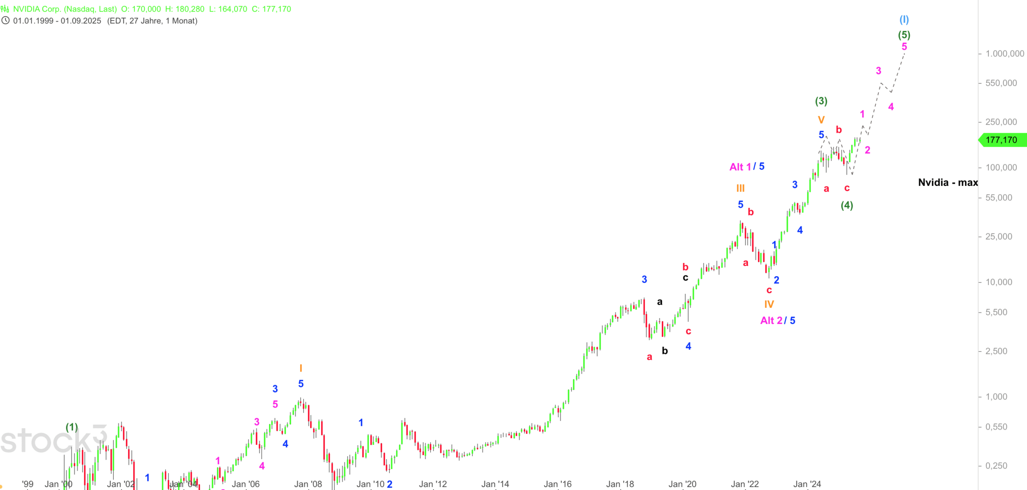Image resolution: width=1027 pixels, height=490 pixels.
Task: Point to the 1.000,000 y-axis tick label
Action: [1005, 54]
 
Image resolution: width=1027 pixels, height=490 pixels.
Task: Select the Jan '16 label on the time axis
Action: [557, 484]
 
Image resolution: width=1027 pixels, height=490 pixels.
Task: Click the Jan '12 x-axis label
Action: [433, 484]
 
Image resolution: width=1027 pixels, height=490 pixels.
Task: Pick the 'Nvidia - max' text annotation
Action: [948, 183]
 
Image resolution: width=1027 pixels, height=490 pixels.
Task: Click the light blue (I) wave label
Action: [904, 20]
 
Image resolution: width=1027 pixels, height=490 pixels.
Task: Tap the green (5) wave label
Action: [904, 35]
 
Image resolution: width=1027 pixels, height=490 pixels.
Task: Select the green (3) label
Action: [821, 101]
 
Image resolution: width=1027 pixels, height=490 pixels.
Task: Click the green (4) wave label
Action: [847, 205]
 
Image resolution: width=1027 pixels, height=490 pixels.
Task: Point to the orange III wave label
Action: [740, 189]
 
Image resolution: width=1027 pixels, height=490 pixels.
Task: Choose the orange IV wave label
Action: [769, 304]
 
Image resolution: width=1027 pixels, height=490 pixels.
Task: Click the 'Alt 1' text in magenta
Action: [740, 167]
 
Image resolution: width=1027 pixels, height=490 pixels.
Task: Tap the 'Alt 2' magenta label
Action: [771, 321]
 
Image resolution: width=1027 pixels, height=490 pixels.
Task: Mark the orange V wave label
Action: [821, 120]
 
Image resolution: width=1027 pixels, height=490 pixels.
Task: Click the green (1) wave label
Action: [72, 427]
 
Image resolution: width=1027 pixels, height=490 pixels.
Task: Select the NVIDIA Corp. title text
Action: [65, 9]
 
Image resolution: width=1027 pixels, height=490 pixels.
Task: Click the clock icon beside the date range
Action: [5, 21]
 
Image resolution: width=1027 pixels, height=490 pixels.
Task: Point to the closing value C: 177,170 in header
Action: [271, 9]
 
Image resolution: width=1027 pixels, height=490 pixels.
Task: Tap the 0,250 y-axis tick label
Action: [996, 466]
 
